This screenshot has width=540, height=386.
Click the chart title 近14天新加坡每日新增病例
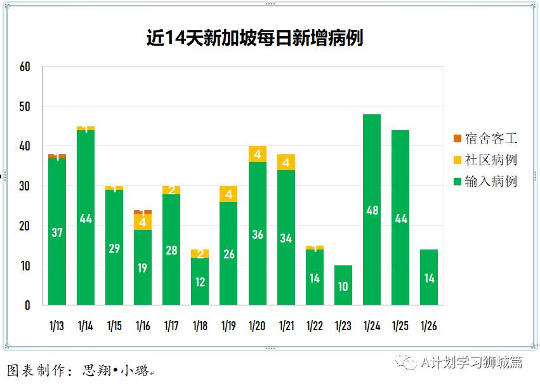(254, 39)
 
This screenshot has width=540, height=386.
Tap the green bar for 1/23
(343, 286)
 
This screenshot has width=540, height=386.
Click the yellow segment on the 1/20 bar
(257, 154)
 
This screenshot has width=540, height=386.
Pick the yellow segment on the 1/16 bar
(143, 222)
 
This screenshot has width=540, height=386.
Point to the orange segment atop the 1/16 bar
(143, 212)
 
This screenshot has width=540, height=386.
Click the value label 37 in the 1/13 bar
(57, 232)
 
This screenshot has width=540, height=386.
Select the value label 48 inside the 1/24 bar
(372, 210)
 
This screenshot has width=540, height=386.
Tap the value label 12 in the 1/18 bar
(200, 282)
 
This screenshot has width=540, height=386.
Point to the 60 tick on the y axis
(25, 66)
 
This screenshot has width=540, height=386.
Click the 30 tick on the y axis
(25, 186)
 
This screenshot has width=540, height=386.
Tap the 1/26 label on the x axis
(429, 326)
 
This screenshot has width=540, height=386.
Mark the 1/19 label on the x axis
(228, 326)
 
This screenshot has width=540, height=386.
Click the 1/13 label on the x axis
(56, 326)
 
